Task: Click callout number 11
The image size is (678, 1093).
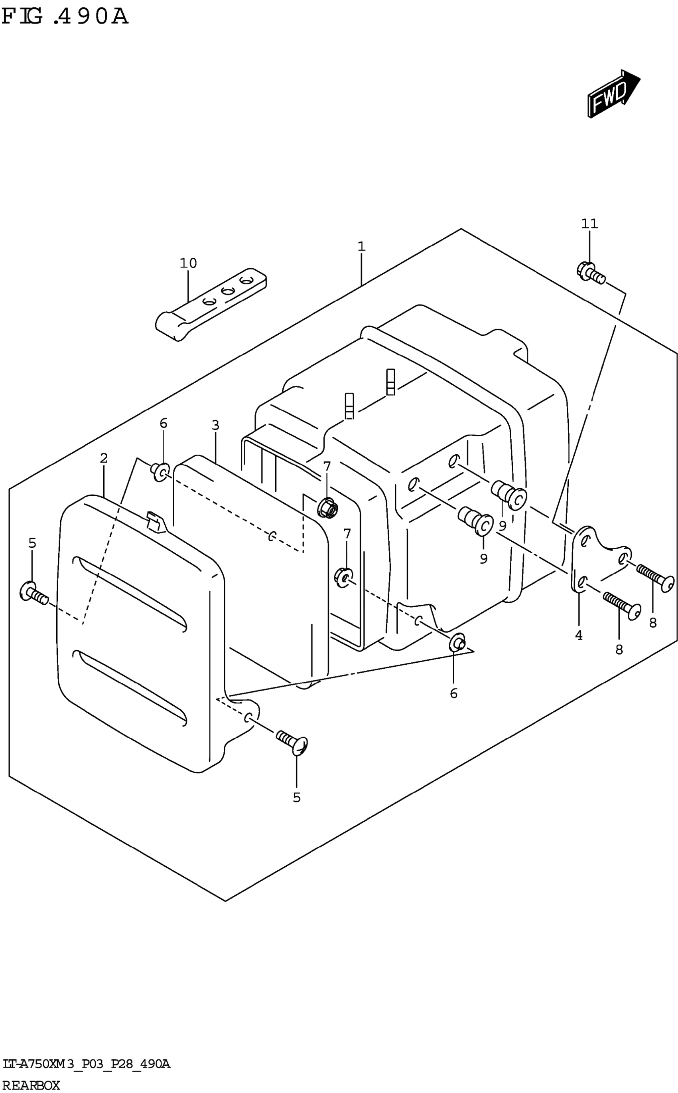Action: [x=590, y=224]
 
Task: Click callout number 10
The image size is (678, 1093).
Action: [x=188, y=263]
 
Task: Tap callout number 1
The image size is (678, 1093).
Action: [x=361, y=246]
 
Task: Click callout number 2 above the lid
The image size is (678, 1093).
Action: [x=104, y=458]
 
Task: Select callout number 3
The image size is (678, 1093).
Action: [x=216, y=425]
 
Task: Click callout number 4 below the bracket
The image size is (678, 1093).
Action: [x=579, y=636]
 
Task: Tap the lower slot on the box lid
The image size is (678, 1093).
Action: [x=130, y=687]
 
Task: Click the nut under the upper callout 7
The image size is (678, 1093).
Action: [x=327, y=507]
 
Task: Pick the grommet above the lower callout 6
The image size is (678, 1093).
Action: [x=457, y=643]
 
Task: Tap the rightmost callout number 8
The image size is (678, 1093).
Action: [x=653, y=622]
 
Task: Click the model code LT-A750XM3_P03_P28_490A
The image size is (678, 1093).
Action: [x=85, y=1064]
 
